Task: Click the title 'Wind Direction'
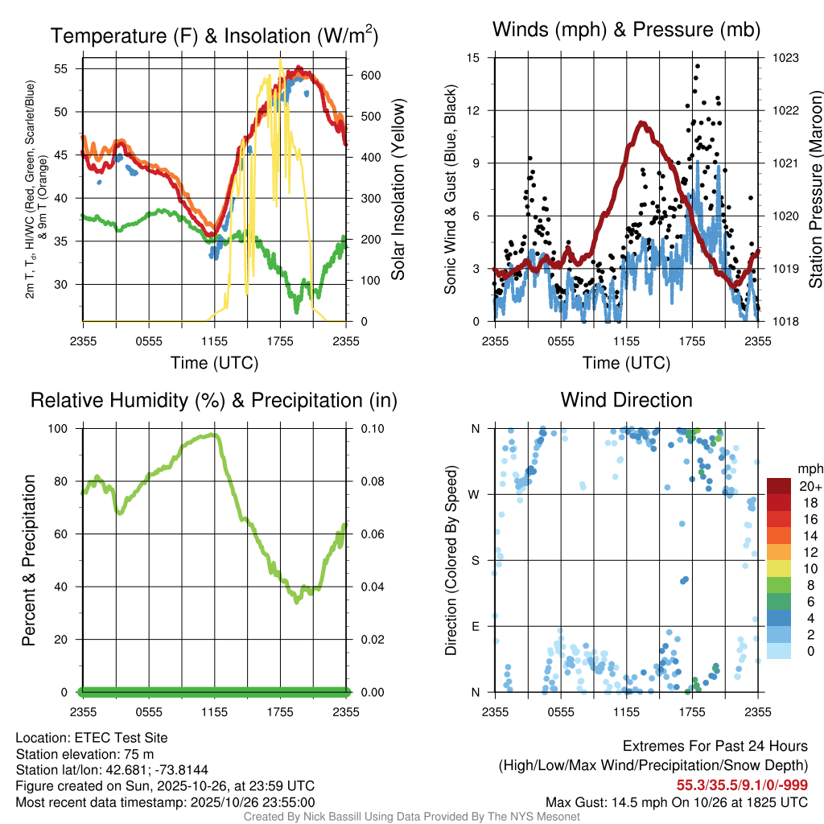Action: pyautogui.click(x=626, y=400)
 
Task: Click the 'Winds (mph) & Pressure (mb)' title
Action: pyautogui.click(x=626, y=30)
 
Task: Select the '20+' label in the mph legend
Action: pyautogui.click(x=809, y=487)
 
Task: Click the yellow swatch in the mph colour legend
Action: pyautogui.click(x=780, y=568)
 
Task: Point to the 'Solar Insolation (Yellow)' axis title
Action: pyautogui.click(x=398, y=190)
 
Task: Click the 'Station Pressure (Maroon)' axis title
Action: pyautogui.click(x=814, y=190)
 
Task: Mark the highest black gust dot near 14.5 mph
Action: pyautogui.click(x=697, y=66)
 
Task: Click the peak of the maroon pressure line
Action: pyautogui.click(x=641, y=122)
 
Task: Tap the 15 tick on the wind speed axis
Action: pyautogui.click(x=473, y=58)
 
